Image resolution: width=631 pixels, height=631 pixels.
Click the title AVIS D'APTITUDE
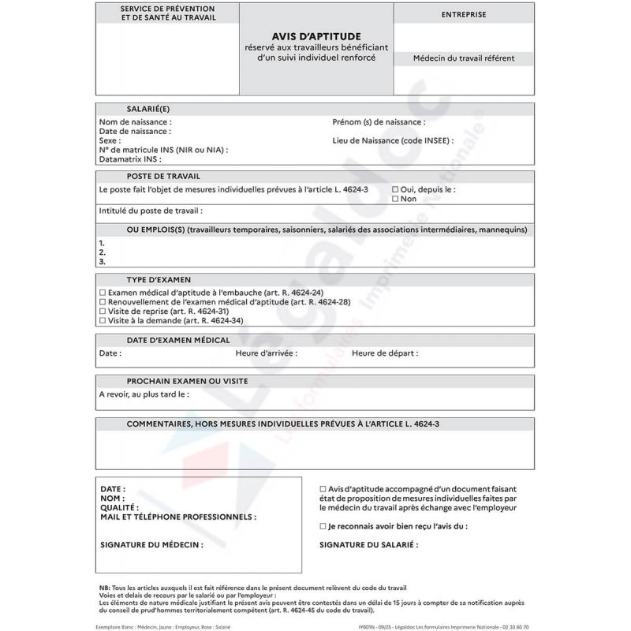point(315,36)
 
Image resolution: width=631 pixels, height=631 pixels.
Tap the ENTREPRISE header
point(464,14)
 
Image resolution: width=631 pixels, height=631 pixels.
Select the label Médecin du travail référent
point(464,58)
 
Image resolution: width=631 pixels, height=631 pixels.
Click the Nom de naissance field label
point(135,122)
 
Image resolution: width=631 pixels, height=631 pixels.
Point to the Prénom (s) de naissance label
point(379,122)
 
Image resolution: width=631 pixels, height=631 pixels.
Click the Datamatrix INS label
point(130,159)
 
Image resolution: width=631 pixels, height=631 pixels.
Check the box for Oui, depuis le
point(396,190)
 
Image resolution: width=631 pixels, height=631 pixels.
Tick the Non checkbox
point(396,199)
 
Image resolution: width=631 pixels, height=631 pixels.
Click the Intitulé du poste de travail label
point(151,211)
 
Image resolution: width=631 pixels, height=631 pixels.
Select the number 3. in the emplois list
point(103,261)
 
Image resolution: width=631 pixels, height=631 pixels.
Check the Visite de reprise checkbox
point(103,312)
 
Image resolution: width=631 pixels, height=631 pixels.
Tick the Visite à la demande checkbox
point(103,321)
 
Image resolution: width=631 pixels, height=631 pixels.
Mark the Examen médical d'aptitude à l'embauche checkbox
point(103,293)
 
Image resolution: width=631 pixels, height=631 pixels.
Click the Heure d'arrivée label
point(267,353)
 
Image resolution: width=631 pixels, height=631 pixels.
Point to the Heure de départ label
point(385,353)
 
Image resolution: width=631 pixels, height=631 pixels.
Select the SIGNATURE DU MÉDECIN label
point(151,544)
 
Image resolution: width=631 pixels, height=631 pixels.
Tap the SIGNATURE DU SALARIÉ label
point(368,544)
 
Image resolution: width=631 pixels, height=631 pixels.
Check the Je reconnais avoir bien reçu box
point(323,526)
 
